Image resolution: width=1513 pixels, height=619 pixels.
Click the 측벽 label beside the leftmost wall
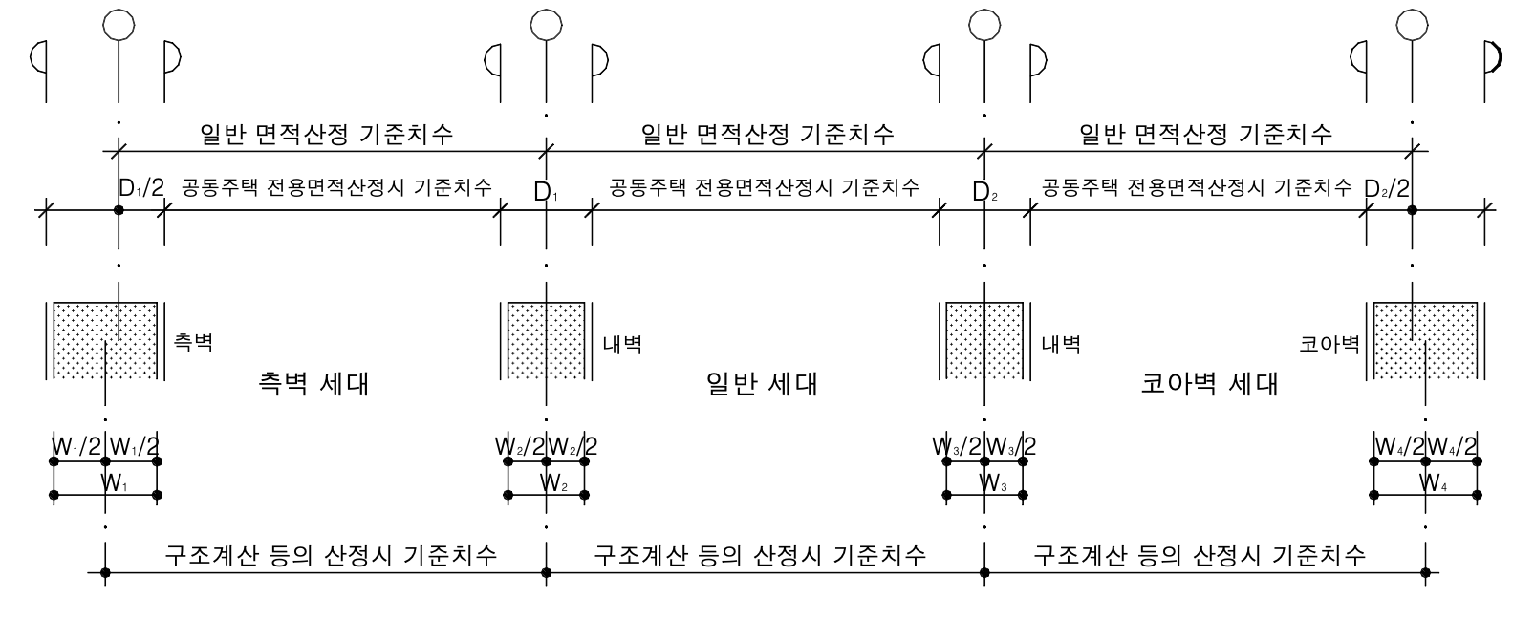coord(193,343)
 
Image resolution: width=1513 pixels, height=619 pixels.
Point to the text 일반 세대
coord(761,385)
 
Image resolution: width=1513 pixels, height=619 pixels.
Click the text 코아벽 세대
coord(1209,385)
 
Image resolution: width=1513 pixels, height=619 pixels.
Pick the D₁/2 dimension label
coord(141,187)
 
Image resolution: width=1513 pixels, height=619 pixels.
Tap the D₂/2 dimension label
coord(1387,187)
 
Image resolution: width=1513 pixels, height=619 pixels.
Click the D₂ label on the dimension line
coord(984,192)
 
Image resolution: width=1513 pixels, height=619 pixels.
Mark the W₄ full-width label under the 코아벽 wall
coord(1434,483)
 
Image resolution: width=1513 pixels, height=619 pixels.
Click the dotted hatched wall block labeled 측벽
coord(105,340)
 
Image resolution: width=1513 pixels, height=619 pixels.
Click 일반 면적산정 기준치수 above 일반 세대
coord(767,135)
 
